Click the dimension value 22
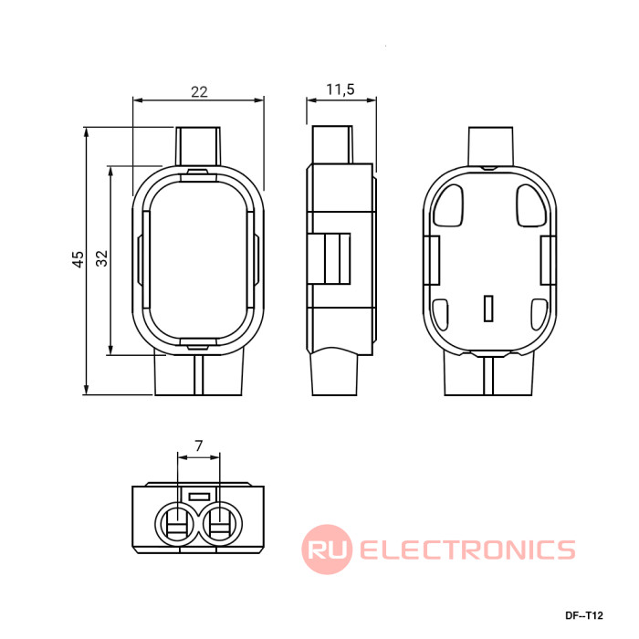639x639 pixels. click(199, 91)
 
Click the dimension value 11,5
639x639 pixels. click(340, 89)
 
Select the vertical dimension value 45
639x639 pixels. click(78, 259)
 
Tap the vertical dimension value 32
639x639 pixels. click(101, 258)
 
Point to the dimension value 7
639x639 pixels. click(198, 445)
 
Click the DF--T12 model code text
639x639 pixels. click(583, 615)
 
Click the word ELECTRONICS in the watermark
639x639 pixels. click(467, 550)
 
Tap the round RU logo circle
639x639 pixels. click(327, 550)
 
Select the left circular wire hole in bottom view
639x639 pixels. click(177, 524)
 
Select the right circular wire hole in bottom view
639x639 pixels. click(221, 524)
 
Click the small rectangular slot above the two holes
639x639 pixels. click(199, 497)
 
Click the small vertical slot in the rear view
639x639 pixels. click(488, 309)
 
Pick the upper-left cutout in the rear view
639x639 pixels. click(448, 205)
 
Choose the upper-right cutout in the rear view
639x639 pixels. click(531, 205)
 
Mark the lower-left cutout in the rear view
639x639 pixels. click(440, 315)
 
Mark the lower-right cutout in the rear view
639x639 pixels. click(539, 315)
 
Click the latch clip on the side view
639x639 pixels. click(329, 258)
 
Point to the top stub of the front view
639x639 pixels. click(198, 146)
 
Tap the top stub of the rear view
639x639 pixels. click(491, 146)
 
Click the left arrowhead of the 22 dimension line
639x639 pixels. click(138, 100)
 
